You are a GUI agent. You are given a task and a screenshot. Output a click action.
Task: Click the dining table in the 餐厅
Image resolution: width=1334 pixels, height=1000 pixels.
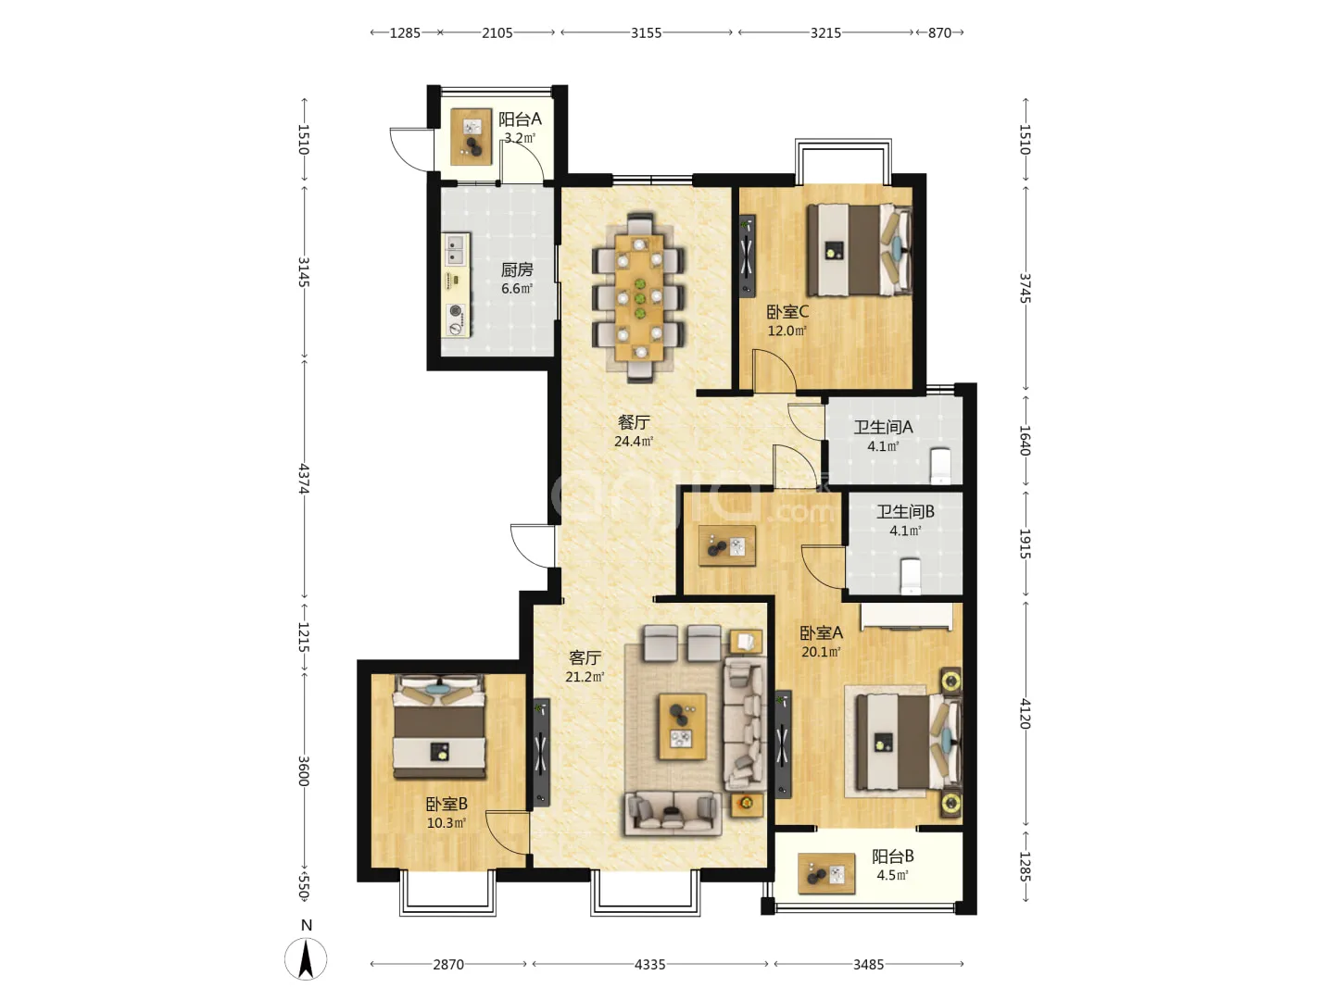[x=638, y=297]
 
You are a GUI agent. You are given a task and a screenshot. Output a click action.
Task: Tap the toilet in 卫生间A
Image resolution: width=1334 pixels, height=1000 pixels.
[x=940, y=467]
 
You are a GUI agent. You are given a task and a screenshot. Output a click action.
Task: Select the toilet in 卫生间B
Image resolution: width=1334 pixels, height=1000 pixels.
[x=911, y=576]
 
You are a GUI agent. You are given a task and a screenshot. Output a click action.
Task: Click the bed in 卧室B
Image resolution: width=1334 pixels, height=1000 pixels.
[x=440, y=726]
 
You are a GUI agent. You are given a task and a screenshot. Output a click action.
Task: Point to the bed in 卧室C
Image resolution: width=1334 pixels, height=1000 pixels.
[x=860, y=250]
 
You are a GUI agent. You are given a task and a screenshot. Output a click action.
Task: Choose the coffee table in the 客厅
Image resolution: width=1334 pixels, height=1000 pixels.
[x=683, y=726]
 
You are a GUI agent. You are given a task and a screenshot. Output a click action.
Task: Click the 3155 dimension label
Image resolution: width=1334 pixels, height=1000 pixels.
[x=646, y=32]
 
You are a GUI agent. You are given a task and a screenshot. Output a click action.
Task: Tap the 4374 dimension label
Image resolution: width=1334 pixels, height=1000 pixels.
[x=304, y=479]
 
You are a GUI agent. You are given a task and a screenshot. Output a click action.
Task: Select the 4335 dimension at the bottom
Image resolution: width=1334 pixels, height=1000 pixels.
[x=649, y=964]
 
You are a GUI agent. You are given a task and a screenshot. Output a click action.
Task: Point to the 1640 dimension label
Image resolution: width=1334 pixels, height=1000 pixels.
[x=1025, y=440]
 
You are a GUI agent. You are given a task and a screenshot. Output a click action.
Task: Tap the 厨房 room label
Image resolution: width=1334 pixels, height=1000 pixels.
[x=517, y=269]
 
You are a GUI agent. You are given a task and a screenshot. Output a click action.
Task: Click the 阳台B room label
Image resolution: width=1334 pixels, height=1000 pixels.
[x=893, y=856]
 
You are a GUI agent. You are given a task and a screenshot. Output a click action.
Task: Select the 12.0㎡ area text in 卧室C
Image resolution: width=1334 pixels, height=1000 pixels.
[x=787, y=331]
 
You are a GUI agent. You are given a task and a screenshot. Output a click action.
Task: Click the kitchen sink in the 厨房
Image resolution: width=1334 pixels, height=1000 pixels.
[x=455, y=250]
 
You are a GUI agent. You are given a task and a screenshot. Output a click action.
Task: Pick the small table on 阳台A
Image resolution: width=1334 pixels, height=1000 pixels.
[x=471, y=137]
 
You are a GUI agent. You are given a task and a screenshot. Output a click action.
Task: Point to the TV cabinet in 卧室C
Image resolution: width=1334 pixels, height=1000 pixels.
[x=747, y=256]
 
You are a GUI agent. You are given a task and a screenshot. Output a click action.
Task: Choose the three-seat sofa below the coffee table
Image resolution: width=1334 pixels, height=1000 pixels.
[x=673, y=814]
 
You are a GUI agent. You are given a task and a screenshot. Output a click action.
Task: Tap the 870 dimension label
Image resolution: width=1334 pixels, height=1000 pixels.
[x=939, y=32]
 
